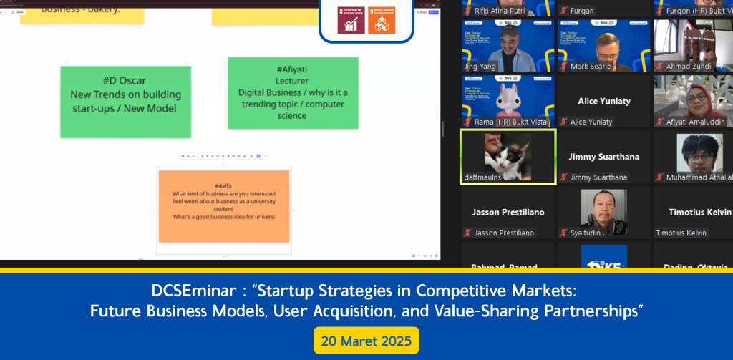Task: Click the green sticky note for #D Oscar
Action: pyautogui.click(x=125, y=101)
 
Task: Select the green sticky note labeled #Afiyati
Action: pyautogui.click(x=291, y=93)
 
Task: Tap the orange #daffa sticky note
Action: pyautogui.click(x=223, y=206)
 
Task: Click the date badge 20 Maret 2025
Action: pyautogui.click(x=366, y=340)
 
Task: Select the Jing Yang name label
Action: pyautogui.click(x=480, y=67)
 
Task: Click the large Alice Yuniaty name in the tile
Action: pyautogui.click(x=604, y=101)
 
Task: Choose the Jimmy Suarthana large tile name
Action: pyautogui.click(x=604, y=156)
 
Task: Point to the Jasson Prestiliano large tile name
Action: pyautogui.click(x=508, y=213)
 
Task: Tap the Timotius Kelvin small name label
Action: pyautogui.click(x=681, y=233)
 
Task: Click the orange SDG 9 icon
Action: pyautogui.click(x=381, y=21)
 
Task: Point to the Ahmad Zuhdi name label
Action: pyautogui.click(x=688, y=67)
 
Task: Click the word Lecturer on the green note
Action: pyautogui.click(x=291, y=81)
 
